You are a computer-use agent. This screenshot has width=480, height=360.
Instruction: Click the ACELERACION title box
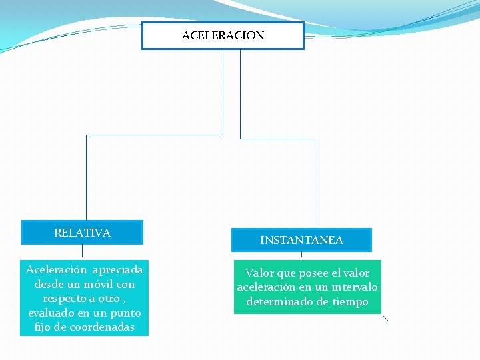(x=223, y=36)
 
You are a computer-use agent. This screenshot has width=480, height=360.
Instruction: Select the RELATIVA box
(x=82, y=233)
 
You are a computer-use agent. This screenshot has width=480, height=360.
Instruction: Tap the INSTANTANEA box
(x=301, y=240)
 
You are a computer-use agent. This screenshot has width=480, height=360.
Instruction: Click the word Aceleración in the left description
(x=57, y=270)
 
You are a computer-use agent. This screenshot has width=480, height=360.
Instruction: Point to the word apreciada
(x=118, y=270)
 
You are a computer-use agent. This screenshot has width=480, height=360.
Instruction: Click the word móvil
(x=99, y=284)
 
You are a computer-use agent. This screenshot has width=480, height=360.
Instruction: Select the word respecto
(x=65, y=299)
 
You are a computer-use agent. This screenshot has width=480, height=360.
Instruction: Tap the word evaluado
(x=51, y=313)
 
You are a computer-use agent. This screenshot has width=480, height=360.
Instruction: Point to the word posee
(x=309, y=273)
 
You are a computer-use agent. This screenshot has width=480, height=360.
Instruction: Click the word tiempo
(x=351, y=301)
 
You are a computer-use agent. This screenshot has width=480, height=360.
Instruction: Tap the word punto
(x=126, y=313)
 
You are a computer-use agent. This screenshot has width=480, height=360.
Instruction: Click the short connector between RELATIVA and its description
(x=82, y=251)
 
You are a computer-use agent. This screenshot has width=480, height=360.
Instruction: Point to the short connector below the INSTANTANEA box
(x=301, y=255)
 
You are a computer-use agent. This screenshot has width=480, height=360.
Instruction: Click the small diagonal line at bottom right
(x=386, y=319)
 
